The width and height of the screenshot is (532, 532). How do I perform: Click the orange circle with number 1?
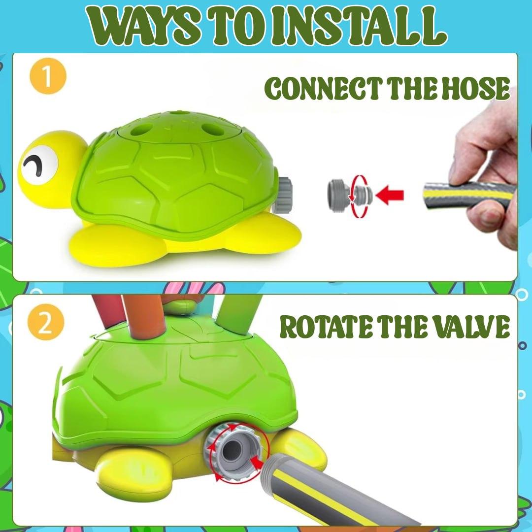47,76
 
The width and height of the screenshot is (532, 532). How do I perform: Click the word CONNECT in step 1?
322,88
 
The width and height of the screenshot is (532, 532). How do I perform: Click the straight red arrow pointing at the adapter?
390,195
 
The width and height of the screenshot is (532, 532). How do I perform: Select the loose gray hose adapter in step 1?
349,195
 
